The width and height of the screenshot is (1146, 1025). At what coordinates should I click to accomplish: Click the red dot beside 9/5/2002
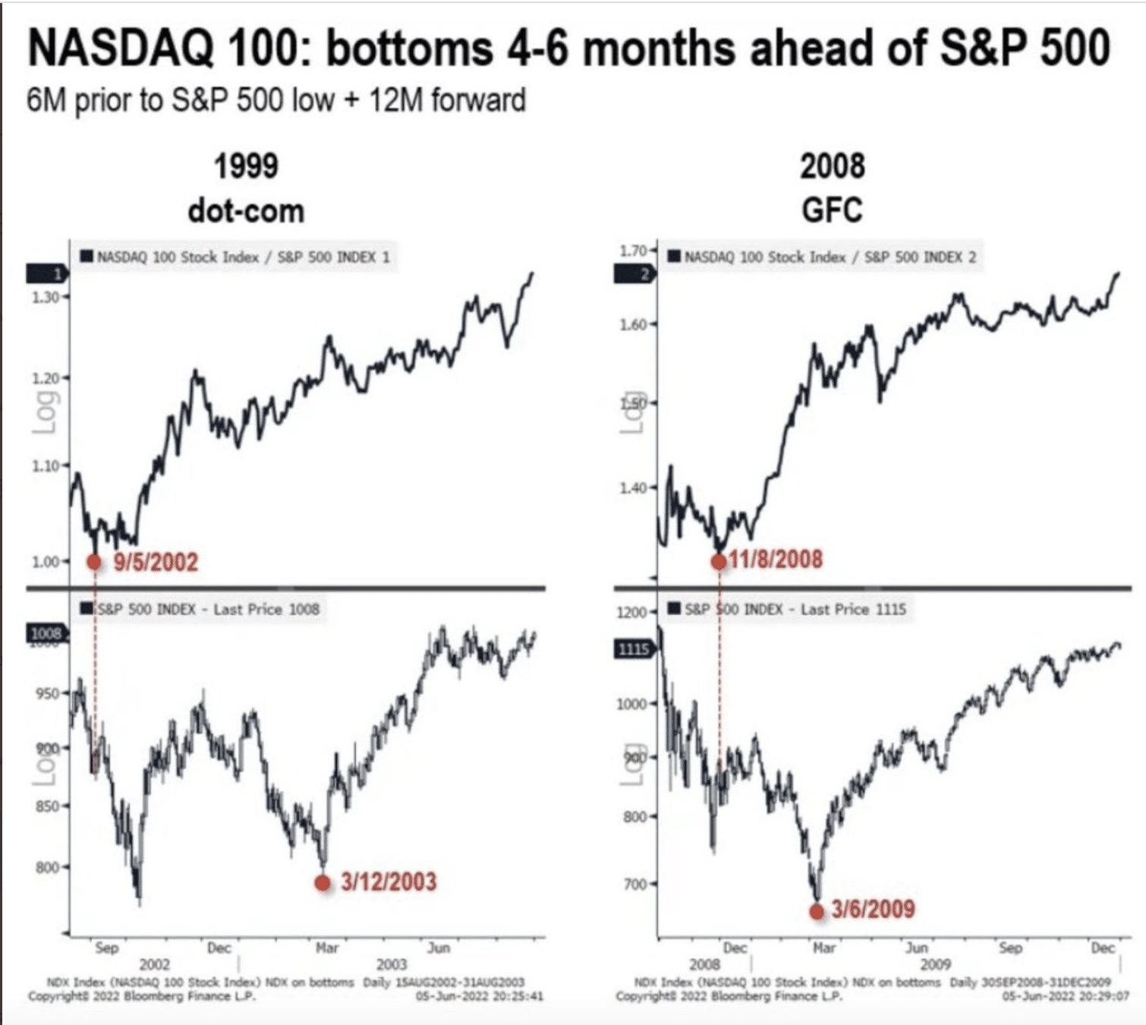(93, 562)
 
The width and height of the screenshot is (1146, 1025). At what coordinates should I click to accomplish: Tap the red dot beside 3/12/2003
(323, 883)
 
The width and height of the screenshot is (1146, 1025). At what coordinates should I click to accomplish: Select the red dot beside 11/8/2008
(718, 562)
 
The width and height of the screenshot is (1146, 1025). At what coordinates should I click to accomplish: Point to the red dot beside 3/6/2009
(817, 912)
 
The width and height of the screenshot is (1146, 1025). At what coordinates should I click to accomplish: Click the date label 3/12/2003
(389, 882)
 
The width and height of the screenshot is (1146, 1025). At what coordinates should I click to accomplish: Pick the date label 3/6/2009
(873, 909)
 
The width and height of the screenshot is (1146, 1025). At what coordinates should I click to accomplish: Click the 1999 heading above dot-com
(246, 166)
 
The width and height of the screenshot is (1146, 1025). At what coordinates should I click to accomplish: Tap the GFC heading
(832, 210)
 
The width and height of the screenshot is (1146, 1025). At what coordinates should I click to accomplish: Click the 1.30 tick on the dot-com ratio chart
(46, 297)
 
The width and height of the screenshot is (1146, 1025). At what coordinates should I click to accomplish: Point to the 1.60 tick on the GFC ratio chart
(633, 324)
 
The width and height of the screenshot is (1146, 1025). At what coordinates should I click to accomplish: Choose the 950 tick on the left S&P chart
(46, 693)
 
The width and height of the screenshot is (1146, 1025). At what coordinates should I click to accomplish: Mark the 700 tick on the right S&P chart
(634, 884)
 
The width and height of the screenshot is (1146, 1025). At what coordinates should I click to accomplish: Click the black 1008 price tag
(46, 633)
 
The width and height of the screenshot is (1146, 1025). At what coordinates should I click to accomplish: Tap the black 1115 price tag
(633, 648)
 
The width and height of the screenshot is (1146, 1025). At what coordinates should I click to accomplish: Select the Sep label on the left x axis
(107, 948)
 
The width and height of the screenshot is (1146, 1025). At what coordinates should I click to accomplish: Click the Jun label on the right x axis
(917, 948)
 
